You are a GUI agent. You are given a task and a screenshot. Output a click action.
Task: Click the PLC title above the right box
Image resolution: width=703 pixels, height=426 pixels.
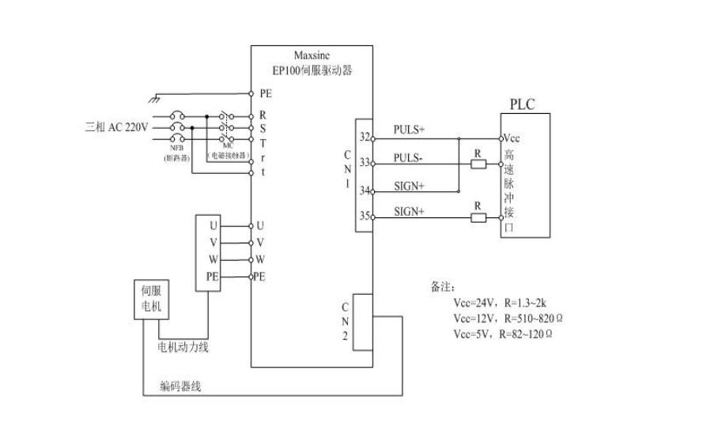pyautogui.click(x=524, y=104)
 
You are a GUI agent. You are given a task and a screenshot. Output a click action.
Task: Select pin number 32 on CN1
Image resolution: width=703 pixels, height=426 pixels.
pyautogui.click(x=365, y=137)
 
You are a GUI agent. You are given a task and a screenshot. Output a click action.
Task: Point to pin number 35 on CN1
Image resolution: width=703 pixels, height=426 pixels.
pyautogui.click(x=365, y=214)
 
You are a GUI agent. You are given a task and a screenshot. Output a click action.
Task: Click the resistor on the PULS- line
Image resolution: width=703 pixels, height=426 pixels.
pyautogui.click(x=478, y=164)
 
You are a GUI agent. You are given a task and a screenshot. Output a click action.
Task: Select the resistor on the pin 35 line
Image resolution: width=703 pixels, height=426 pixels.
pyautogui.click(x=478, y=216)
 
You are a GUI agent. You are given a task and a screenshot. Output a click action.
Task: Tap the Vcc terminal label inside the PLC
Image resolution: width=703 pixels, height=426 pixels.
pyautogui.click(x=512, y=138)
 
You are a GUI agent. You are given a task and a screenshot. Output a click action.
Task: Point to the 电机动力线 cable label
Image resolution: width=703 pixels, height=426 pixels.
pyautogui.click(x=183, y=347)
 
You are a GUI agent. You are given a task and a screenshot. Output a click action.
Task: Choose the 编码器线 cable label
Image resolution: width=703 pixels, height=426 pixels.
pyautogui.click(x=181, y=386)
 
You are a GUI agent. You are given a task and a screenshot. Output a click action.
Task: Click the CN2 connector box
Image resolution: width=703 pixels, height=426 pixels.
pyautogui.click(x=361, y=322)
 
